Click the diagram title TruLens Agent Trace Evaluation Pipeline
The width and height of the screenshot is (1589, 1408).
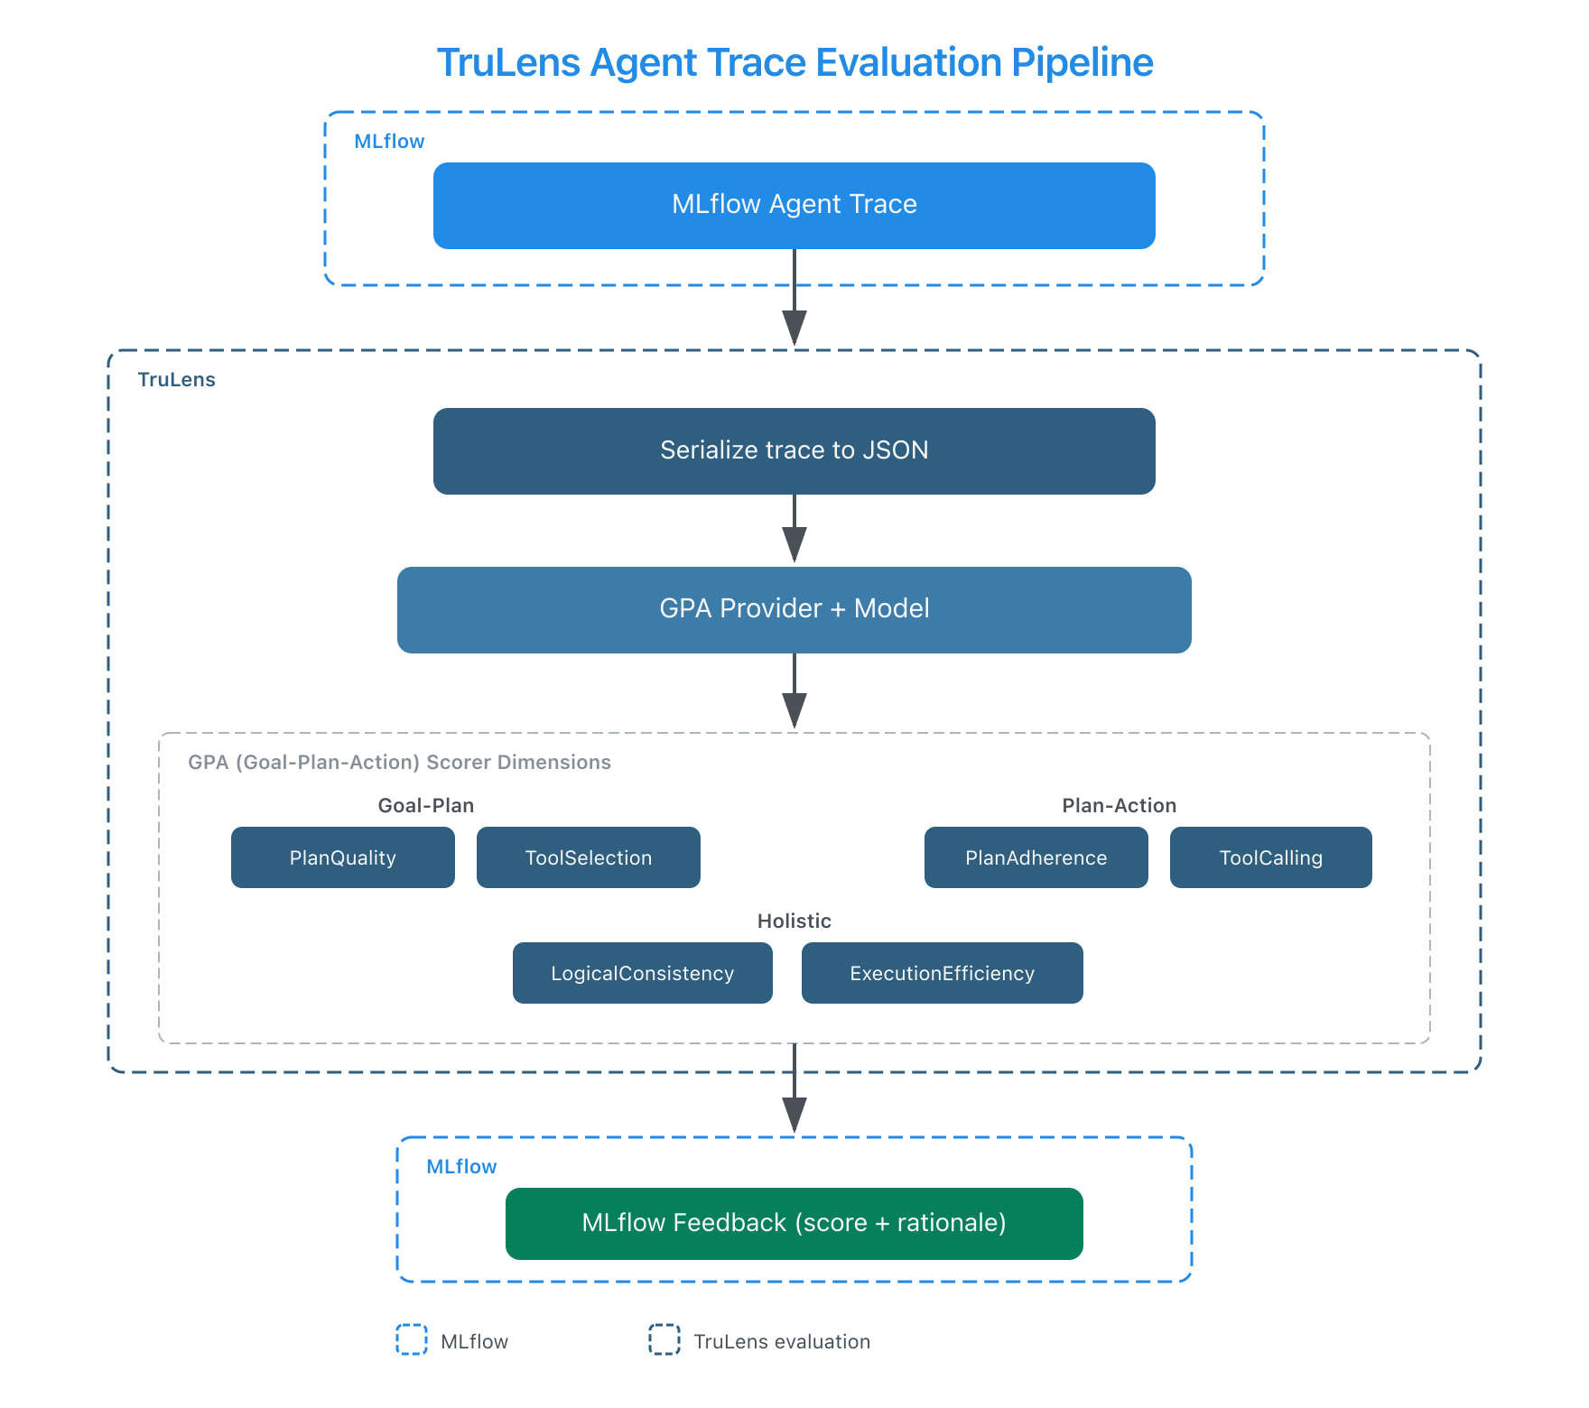click(x=794, y=63)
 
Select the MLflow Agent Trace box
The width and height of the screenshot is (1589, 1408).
click(x=794, y=205)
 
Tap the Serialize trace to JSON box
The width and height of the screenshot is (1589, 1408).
click(x=794, y=450)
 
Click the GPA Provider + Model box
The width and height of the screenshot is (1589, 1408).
click(x=794, y=609)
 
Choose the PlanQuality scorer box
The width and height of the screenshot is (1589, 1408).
click(x=343, y=857)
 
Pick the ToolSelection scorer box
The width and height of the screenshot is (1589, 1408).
click(x=589, y=857)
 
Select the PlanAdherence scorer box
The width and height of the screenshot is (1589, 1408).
click(x=1036, y=857)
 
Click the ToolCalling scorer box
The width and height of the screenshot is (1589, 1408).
click(x=1271, y=857)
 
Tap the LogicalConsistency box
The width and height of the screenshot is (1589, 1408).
click(x=643, y=973)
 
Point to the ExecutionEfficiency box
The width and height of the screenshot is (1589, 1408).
click(x=943, y=973)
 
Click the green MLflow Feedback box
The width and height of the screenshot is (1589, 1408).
click(x=794, y=1223)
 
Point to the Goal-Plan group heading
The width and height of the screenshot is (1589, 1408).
click(x=425, y=805)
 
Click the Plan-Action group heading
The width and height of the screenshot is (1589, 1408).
click(x=1120, y=805)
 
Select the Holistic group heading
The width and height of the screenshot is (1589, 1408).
click(x=794, y=921)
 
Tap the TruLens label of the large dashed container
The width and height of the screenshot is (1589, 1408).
click(x=177, y=379)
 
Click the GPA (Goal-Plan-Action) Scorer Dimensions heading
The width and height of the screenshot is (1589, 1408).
click(x=399, y=762)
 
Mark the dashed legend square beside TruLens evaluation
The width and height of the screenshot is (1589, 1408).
click(x=664, y=1339)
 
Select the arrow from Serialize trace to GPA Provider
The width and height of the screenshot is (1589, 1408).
click(x=794, y=529)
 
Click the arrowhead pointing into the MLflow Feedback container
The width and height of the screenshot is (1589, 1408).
click(x=794, y=1117)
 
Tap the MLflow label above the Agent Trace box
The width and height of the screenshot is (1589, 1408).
click(x=389, y=141)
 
